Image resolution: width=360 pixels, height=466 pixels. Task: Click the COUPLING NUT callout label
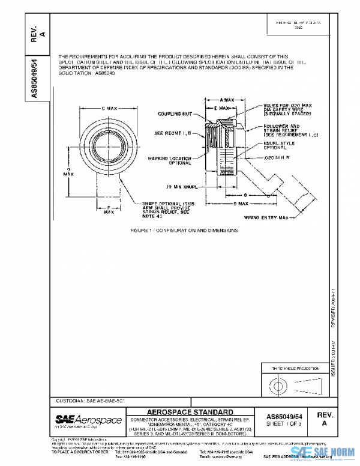click(175, 113)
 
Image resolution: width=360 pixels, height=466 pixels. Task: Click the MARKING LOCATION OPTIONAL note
click(172, 160)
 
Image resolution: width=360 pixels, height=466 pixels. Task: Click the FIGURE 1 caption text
click(184, 230)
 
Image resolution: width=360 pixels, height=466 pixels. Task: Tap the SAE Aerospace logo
click(88, 420)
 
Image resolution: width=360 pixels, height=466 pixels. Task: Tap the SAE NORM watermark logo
click(325, 455)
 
